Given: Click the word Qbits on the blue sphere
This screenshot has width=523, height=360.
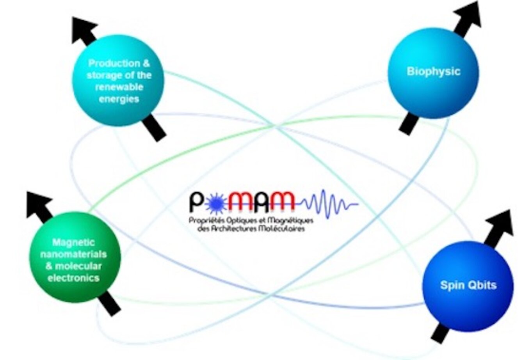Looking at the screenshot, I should point(483,285).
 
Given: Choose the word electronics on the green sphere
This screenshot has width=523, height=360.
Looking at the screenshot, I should point(74,278).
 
